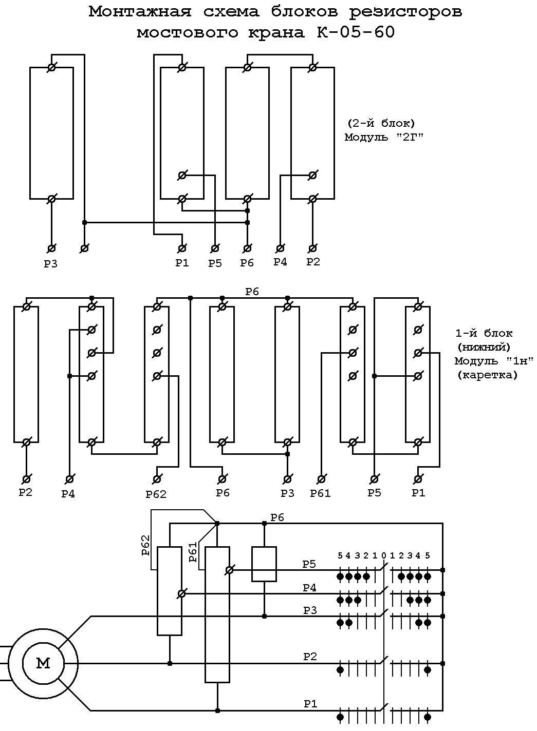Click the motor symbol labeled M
click(x=43, y=663)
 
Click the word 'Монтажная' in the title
click(x=140, y=12)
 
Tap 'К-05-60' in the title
click(x=356, y=32)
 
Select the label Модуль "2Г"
click(x=384, y=137)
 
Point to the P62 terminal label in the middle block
click(x=156, y=494)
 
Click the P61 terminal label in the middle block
click(x=320, y=493)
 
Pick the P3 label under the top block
click(x=51, y=264)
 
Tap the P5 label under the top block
click(x=215, y=263)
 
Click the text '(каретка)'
click(x=487, y=375)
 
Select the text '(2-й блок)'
click(x=381, y=123)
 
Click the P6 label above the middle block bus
click(x=252, y=292)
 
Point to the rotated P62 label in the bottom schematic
click(x=145, y=545)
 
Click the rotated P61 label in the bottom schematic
click(x=193, y=552)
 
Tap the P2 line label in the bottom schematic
click(x=310, y=656)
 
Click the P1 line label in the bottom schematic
click(x=310, y=704)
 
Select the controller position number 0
click(x=383, y=555)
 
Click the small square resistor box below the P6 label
click(x=264, y=564)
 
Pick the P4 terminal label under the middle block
click(x=68, y=494)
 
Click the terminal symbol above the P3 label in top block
click(x=51, y=248)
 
